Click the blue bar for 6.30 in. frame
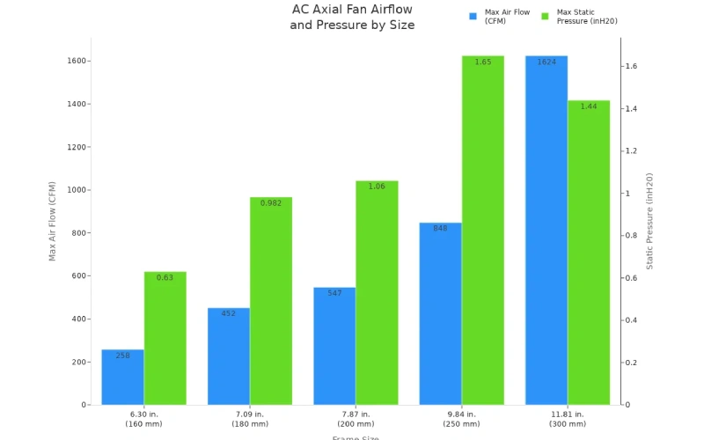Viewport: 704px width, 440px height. pos(122,378)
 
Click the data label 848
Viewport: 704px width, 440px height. pos(440,228)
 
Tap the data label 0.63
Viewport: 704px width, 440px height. pos(165,277)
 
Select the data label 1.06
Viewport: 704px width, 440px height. pos(377,187)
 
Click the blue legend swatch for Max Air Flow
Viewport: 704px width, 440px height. pos(473,16)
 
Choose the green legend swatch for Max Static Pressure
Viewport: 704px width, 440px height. pos(545,16)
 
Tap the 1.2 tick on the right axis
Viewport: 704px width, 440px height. pos(631,151)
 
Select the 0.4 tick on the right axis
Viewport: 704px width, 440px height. pos(631,320)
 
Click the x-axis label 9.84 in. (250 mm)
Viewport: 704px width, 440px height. pos(461,419)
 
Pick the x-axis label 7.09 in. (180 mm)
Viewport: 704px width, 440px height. pos(250,419)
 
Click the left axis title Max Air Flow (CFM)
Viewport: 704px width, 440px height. pos(52,221)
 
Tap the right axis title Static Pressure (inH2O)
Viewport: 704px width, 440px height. pos(650,221)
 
